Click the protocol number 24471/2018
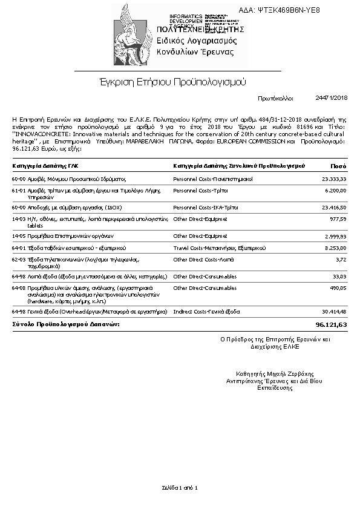331,97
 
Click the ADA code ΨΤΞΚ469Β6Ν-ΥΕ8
288,10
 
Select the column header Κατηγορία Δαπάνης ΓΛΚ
45,165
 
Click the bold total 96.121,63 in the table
332,325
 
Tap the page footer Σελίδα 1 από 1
180,487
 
